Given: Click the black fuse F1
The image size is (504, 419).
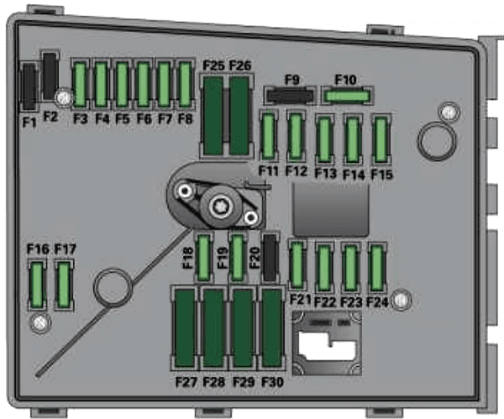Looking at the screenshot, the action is (29, 86).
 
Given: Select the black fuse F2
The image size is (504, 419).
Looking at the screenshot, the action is (50, 76).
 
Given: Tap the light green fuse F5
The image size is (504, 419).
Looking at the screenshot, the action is (122, 84).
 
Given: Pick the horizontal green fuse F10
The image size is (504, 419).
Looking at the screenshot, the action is (347, 96).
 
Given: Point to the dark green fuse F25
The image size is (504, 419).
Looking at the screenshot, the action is (213, 116).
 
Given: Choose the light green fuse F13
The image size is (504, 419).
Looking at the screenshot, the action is (324, 139).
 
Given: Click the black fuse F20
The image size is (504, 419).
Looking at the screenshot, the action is (270, 258).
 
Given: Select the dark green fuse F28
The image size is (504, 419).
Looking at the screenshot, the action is (213, 327).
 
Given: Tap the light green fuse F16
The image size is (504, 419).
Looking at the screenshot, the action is (37, 285).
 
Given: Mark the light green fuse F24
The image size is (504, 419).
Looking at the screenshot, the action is (376, 268).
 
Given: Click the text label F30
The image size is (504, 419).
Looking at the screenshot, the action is (272, 382).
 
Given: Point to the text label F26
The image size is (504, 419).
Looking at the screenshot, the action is (239, 65).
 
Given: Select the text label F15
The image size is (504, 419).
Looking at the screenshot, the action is (382, 175).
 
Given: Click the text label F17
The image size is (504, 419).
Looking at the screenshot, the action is (66, 249).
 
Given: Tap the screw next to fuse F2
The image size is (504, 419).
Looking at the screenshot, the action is (64, 98).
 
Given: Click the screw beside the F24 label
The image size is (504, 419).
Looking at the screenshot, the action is (402, 300).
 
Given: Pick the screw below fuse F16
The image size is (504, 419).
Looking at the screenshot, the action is (40, 323).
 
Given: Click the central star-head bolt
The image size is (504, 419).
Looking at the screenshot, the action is (221, 205).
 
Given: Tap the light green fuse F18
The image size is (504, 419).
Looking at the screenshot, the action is (203, 258).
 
